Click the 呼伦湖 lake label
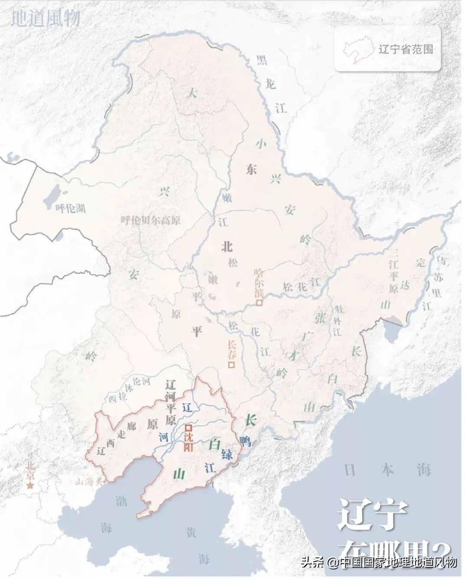tap(71, 208)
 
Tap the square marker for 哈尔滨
tap(259, 303)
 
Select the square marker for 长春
tap(232, 365)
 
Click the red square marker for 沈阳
tap(188, 427)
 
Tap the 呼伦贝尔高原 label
tap(150, 220)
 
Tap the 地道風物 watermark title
tap(45, 18)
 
